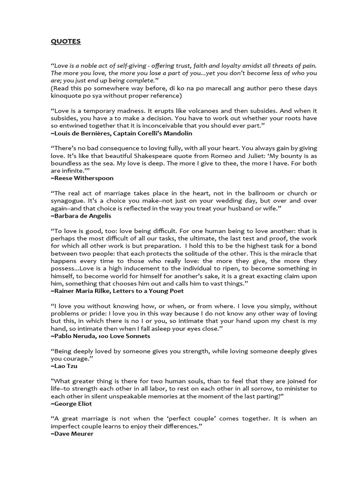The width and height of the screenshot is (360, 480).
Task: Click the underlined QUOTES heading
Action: [x=66, y=41]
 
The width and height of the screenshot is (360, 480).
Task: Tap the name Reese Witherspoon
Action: [x=82, y=178]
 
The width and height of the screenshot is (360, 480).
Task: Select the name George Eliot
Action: [x=71, y=403]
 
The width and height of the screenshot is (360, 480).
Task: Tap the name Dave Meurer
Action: [x=72, y=434]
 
